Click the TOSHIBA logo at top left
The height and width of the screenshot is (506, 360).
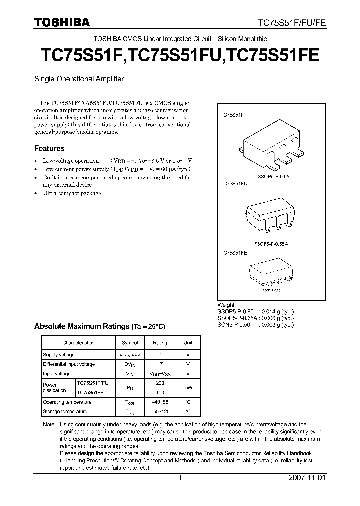tap(62, 22)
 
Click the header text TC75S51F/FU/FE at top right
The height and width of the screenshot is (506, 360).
tap(291, 23)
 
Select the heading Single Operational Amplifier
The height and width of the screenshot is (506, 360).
tap(78, 79)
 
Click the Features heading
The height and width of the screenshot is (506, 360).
tap(49, 148)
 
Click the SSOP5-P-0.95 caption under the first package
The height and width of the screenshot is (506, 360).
tap(273, 177)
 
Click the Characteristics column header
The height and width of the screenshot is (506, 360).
tap(78, 343)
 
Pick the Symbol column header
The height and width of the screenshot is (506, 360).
tap(130, 343)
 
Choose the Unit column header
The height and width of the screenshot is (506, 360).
tap(188, 343)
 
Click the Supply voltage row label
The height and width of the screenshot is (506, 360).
tap(59, 354)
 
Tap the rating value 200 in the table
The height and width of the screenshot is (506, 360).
tap(160, 383)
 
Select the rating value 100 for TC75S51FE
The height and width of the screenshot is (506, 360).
tap(160, 392)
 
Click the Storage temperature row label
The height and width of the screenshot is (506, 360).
tap(65, 411)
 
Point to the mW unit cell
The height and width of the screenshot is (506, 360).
tap(188, 388)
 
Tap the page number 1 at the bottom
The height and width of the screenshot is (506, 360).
tap(180, 478)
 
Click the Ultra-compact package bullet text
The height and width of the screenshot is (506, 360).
tap(72, 193)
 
